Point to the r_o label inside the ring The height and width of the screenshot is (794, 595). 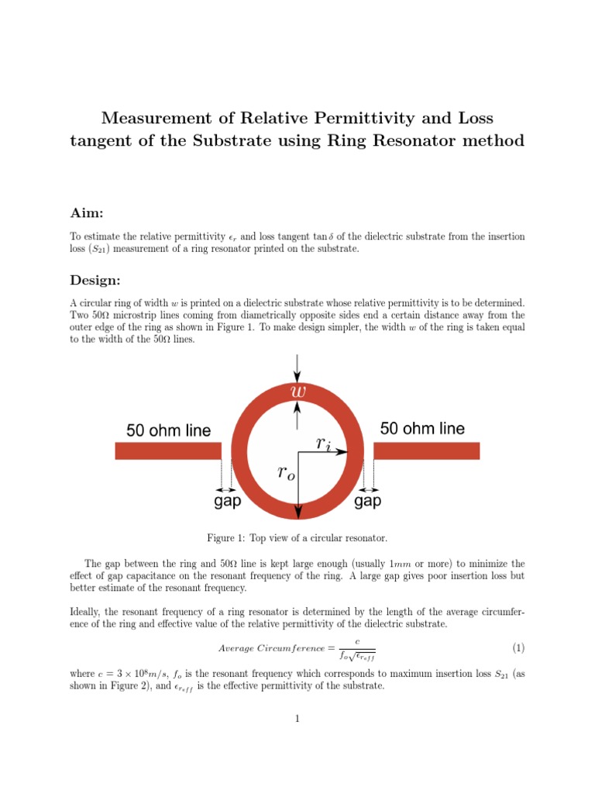point(286,474)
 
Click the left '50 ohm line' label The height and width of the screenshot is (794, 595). point(168,430)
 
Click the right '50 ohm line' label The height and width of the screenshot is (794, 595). point(422,429)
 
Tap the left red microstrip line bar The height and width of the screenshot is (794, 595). point(168,451)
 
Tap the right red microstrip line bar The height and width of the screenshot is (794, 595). point(426,451)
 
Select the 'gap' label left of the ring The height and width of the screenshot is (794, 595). point(227,502)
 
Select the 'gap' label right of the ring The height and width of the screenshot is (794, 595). point(368,502)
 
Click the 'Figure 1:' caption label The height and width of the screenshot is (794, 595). point(225,537)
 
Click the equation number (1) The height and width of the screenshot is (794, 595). point(518,647)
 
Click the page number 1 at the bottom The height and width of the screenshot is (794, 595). point(297,719)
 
